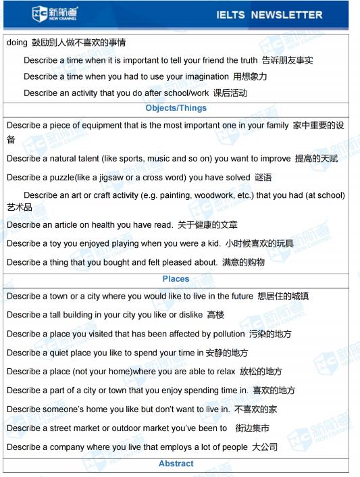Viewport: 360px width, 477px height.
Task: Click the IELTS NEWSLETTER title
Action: point(269,14)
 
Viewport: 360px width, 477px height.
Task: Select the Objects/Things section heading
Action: point(176,108)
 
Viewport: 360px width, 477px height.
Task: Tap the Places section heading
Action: point(176,279)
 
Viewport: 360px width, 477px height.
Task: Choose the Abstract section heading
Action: point(176,463)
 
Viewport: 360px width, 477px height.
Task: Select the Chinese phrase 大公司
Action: point(264,447)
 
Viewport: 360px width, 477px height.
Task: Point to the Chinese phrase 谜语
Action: point(263,178)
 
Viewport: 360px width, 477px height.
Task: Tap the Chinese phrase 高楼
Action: point(215,315)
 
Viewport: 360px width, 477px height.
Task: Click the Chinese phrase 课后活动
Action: point(230,93)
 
